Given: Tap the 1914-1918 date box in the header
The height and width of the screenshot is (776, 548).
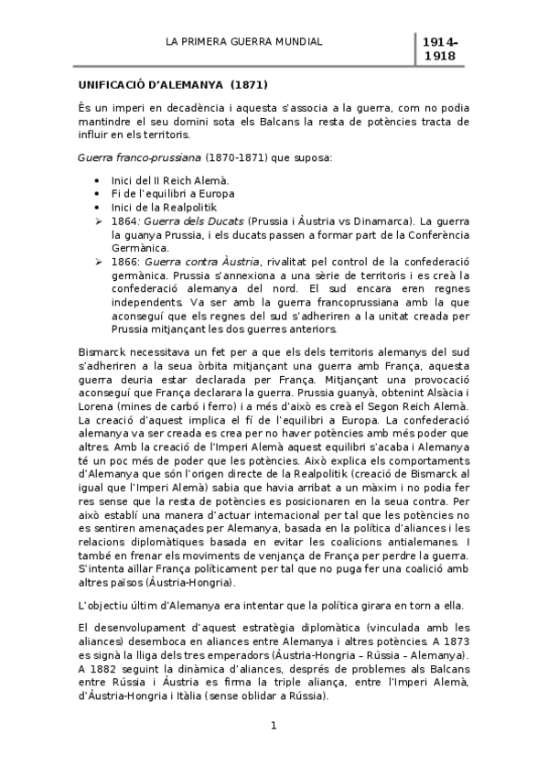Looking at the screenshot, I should point(440,50).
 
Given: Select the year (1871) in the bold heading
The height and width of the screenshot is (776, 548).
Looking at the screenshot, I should point(248,85).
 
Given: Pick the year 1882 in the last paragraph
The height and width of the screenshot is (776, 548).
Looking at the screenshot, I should point(107,669).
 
